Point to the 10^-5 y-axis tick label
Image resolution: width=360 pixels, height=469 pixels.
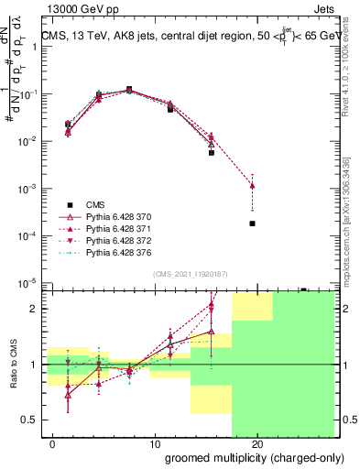click(x=29, y=283)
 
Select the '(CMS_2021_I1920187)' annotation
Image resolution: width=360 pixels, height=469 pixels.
click(x=190, y=273)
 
